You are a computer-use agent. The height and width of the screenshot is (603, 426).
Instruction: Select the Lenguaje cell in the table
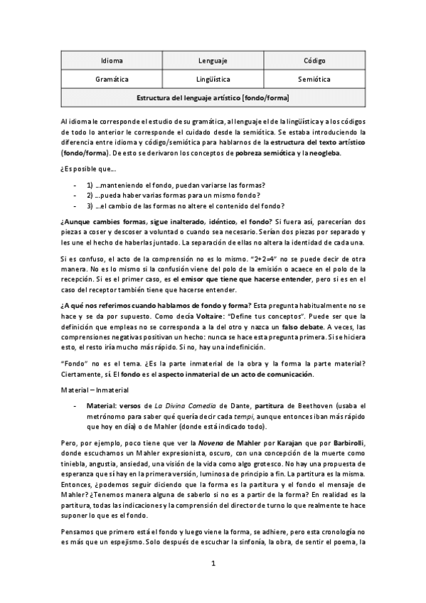coord(213,61)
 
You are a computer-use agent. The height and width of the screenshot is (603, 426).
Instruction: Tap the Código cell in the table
coord(314,61)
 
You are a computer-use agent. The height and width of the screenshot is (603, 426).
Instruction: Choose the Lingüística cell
coord(213,79)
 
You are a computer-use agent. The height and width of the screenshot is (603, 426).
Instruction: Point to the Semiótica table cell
coord(314,79)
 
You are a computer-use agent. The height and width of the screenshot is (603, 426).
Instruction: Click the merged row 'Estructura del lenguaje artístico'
coord(213,97)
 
